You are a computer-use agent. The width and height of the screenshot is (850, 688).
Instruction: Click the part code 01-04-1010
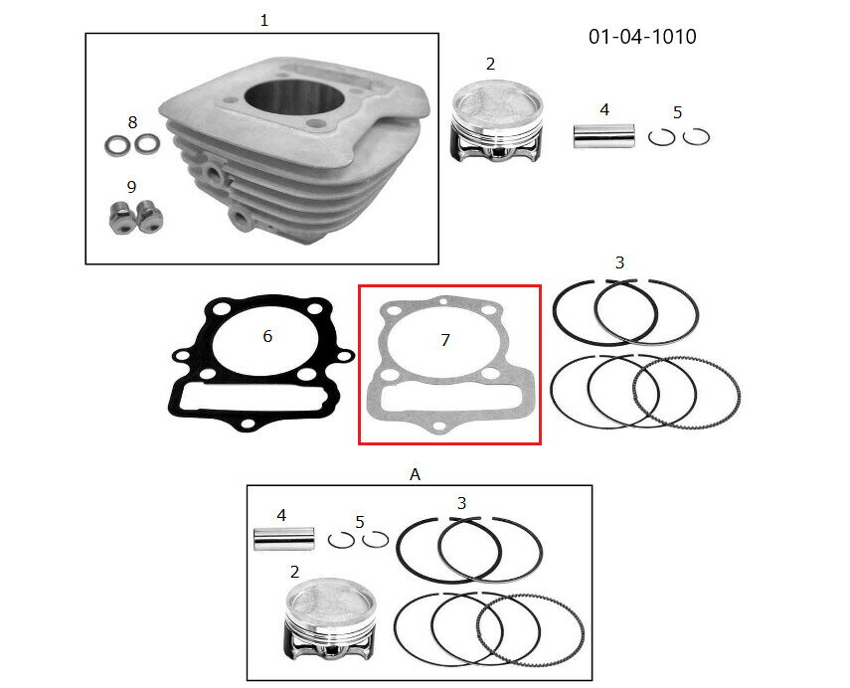click(x=642, y=37)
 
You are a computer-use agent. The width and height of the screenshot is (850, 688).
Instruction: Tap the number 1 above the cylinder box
click(x=264, y=21)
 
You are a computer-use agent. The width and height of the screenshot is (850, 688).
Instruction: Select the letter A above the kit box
click(x=415, y=475)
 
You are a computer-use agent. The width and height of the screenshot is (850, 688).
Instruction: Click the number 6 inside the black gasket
click(x=267, y=336)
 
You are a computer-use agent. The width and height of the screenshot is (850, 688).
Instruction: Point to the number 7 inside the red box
click(x=445, y=340)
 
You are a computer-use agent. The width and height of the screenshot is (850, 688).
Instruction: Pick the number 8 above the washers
click(x=132, y=122)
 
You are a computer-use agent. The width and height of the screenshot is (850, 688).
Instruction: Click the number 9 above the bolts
click(x=131, y=187)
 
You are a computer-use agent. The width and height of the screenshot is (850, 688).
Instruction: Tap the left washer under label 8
click(x=117, y=145)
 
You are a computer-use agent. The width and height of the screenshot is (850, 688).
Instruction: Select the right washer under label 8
click(x=147, y=144)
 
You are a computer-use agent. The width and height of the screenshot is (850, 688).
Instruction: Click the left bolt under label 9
click(x=121, y=218)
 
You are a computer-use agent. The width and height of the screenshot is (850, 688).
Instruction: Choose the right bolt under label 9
click(x=149, y=217)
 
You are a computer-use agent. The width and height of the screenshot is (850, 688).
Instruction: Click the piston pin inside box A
click(x=284, y=539)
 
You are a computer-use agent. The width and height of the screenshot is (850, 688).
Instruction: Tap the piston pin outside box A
click(x=603, y=136)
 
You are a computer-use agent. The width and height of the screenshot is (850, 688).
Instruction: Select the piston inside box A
click(x=330, y=620)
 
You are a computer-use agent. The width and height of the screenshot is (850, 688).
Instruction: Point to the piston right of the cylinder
click(x=496, y=121)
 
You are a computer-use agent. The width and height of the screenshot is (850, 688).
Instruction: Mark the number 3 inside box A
click(x=461, y=503)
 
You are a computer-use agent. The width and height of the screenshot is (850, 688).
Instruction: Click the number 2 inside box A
click(x=294, y=572)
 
